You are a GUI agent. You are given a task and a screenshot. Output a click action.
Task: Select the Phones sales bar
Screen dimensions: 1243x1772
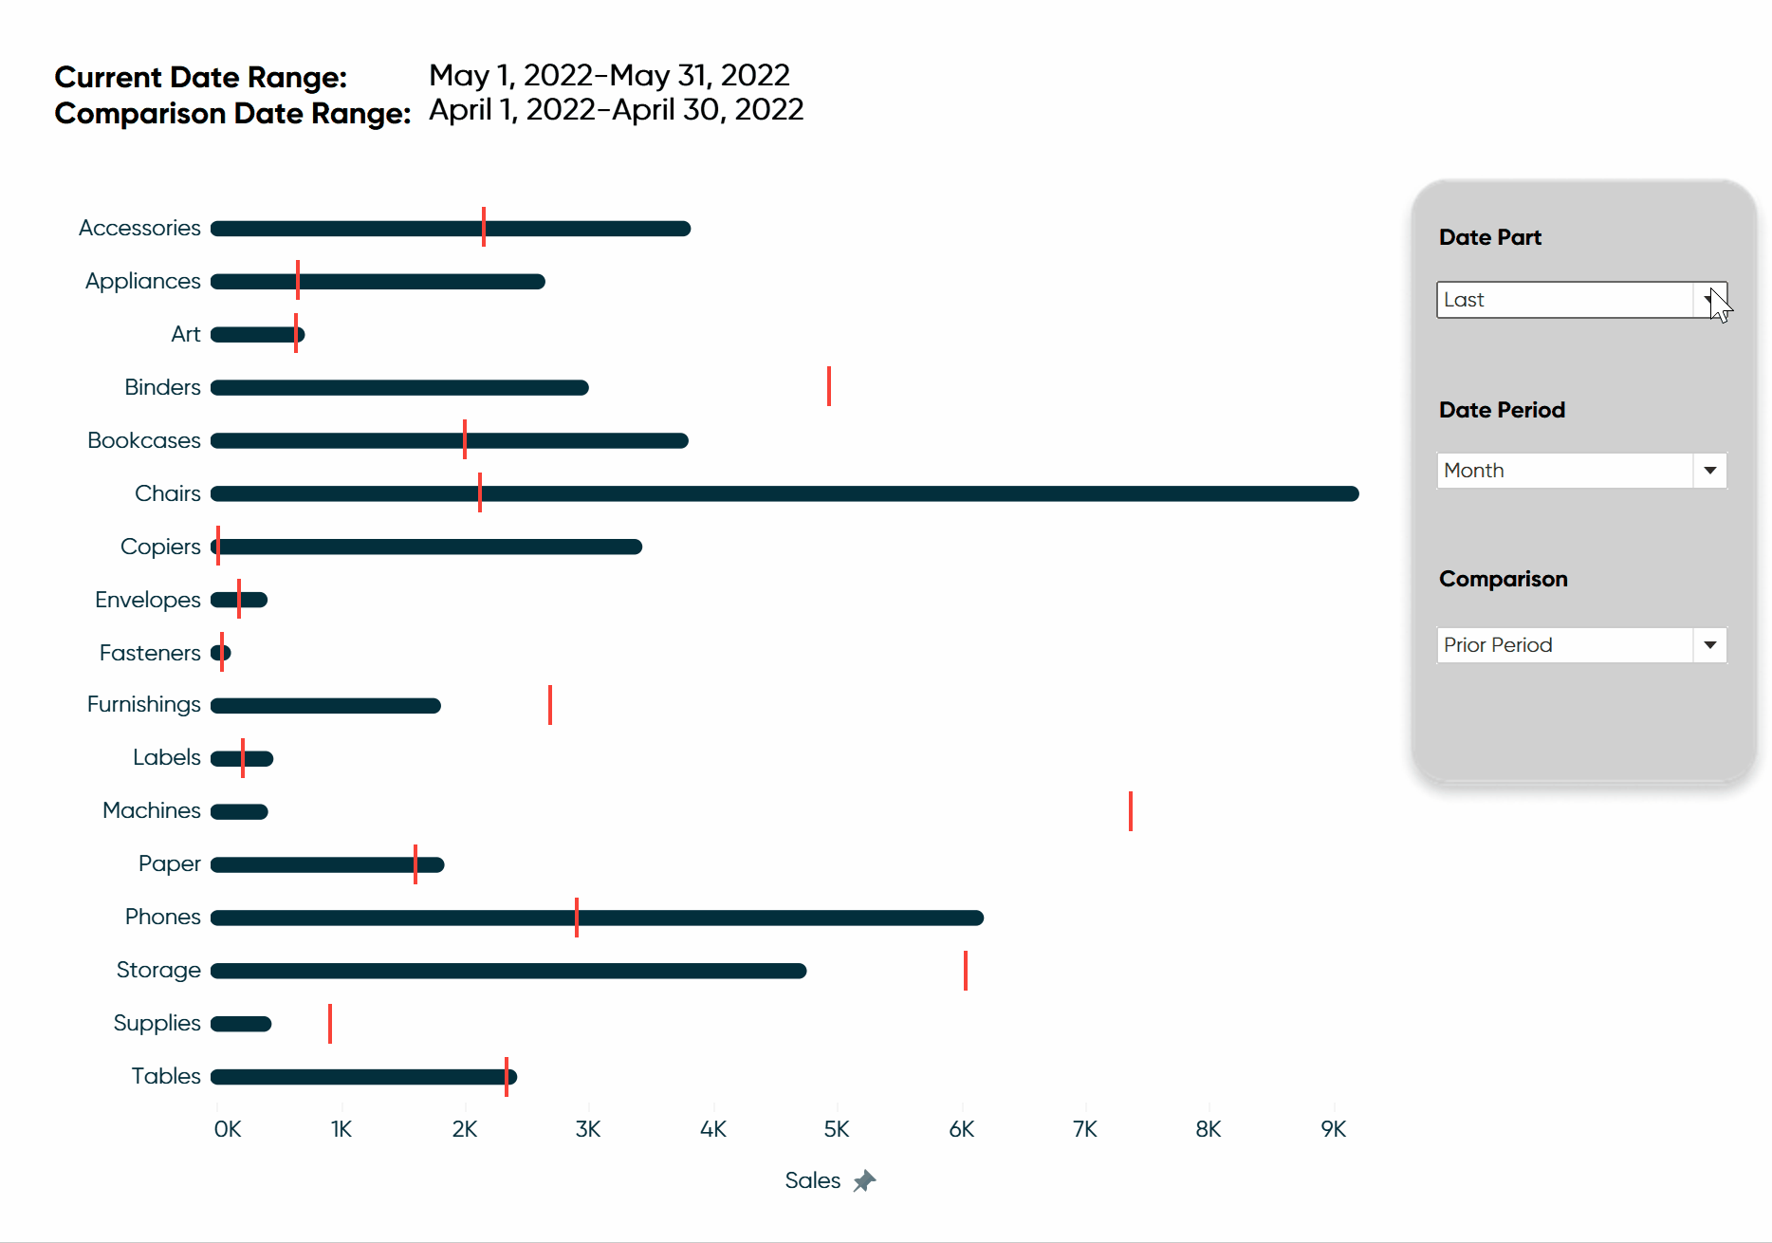[x=598, y=918]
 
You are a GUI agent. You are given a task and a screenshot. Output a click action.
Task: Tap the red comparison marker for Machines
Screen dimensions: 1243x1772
[x=1131, y=811]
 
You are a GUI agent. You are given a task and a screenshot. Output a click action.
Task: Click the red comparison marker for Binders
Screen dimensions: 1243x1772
[x=829, y=386]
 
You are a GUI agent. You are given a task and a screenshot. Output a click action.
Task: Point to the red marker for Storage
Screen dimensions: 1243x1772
[x=966, y=971]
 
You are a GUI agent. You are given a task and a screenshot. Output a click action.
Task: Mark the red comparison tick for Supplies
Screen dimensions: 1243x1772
[x=330, y=1024]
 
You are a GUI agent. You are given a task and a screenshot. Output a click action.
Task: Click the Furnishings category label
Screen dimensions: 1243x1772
[x=144, y=704]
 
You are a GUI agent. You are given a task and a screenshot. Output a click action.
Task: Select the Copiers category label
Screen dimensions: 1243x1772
[x=160, y=547]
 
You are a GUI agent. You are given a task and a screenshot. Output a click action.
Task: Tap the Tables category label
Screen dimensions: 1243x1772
[x=166, y=1076]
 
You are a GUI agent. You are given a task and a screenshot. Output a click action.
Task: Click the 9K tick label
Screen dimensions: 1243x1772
[x=1334, y=1129]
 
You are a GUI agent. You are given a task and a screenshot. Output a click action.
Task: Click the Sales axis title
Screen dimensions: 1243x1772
[x=813, y=1180]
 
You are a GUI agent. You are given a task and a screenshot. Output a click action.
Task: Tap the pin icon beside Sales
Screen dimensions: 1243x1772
[x=864, y=1181]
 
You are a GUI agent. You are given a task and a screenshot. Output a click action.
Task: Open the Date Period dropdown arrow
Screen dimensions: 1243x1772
[x=1710, y=471]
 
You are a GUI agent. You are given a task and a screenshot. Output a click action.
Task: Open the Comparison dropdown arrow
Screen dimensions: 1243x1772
[x=1710, y=645]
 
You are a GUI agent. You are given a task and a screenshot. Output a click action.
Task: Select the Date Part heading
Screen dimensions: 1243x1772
[x=1490, y=237]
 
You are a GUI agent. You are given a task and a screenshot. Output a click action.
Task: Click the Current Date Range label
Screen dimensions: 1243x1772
[x=201, y=77]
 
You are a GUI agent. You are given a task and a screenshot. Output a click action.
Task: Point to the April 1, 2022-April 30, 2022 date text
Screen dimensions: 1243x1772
[x=617, y=110]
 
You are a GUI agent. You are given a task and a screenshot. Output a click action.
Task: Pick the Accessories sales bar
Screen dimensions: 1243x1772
[x=451, y=229]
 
